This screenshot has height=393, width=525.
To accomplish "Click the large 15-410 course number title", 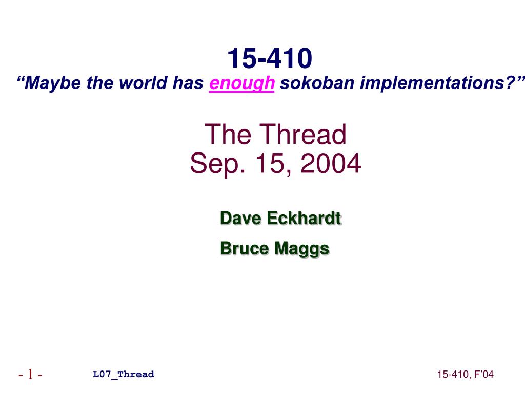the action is (270, 58).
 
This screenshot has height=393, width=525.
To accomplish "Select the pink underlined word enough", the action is (242, 83).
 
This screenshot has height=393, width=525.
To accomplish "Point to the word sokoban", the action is (317, 82).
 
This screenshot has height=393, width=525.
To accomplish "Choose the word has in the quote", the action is (188, 82).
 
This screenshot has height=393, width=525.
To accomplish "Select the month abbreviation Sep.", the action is (217, 164).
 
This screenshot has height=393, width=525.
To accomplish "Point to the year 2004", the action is (331, 163).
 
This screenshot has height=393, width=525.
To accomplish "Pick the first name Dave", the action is (241, 218).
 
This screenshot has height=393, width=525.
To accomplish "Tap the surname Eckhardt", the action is (304, 218).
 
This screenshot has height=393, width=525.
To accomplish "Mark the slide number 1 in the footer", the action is (30, 374).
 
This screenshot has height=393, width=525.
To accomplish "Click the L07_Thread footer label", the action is (124, 374).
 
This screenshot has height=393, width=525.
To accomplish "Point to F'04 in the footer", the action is (484, 374).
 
